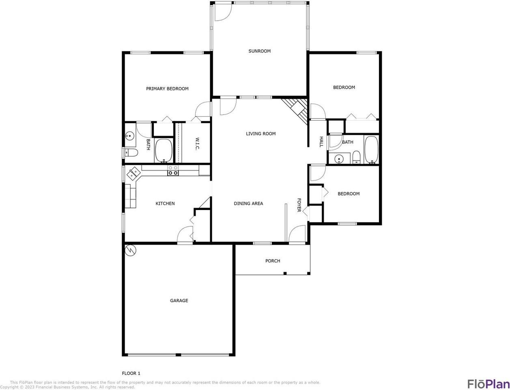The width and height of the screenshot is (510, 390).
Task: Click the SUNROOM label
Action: (259, 51)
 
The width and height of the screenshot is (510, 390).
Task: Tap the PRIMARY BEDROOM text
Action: (167, 89)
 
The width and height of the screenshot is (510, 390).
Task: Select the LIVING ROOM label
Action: (261, 134)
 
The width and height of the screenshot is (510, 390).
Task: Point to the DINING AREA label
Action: (248, 204)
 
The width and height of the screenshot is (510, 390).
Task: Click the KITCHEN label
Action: (165, 204)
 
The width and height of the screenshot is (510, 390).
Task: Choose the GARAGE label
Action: (179, 301)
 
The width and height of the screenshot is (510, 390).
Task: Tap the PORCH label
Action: (273, 261)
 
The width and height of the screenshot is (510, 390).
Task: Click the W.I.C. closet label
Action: (197, 144)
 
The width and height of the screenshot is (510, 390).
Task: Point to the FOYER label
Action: (299, 205)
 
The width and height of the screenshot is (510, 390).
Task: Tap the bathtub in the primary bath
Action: (164, 150)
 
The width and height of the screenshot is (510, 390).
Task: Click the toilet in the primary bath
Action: (131, 153)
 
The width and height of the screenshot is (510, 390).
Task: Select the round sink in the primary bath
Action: (129, 135)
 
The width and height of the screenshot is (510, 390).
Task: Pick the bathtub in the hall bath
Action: (371, 150)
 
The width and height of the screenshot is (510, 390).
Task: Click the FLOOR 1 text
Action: (131, 373)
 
